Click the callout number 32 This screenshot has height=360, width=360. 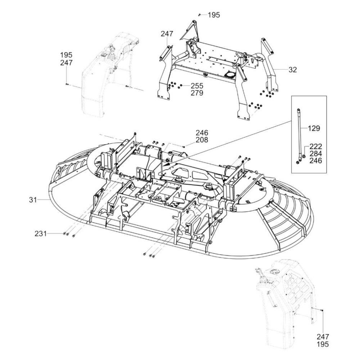(x=292, y=69)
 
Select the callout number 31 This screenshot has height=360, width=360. (x=33, y=200)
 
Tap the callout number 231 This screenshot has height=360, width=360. (x=41, y=234)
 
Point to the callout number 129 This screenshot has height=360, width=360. (x=314, y=128)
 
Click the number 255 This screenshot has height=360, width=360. (x=197, y=86)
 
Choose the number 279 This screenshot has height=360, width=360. (x=197, y=93)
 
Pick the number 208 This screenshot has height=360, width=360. (x=202, y=140)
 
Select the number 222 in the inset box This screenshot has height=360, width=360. (x=316, y=146)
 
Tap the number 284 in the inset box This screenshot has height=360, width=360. (x=316, y=153)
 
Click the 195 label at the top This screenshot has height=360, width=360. (x=214, y=15)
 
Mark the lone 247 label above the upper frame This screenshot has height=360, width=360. (x=167, y=34)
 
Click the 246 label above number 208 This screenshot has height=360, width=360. (x=202, y=133)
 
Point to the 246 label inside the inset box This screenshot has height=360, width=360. (x=316, y=161)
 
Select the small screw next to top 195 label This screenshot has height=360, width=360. (x=199, y=15)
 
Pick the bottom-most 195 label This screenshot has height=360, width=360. (x=323, y=344)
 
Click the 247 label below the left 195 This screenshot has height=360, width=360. (x=66, y=63)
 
